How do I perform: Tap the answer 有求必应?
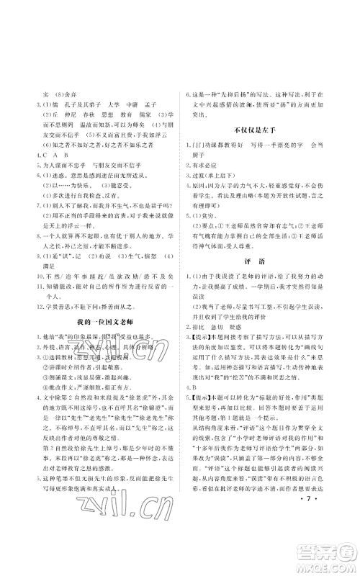(213, 163)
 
